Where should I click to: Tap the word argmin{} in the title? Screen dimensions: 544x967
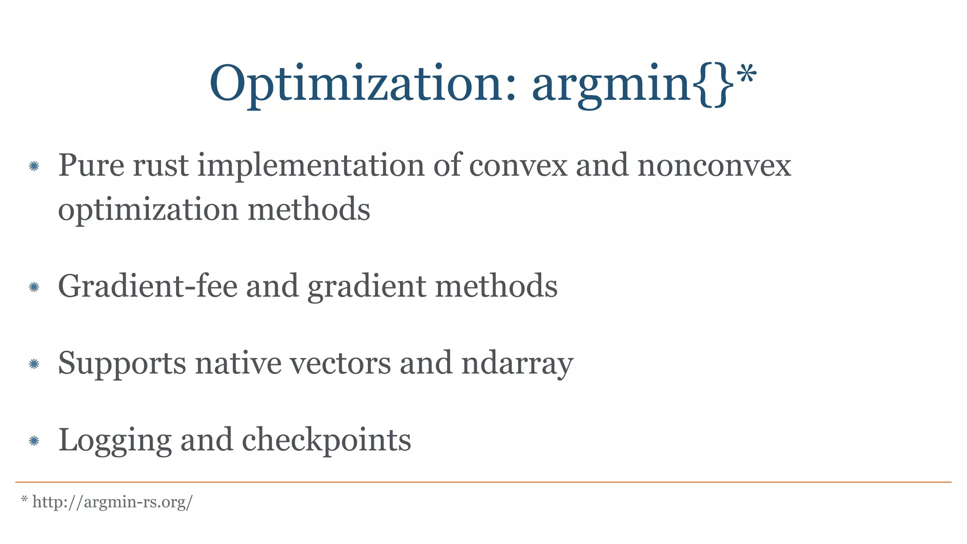[x=633, y=84]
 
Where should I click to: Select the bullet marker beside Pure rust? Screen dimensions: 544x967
[x=34, y=166]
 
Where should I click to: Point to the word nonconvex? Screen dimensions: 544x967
[x=714, y=166]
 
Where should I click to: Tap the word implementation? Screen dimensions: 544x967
[x=311, y=166]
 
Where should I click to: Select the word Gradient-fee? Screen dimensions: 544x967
[x=147, y=286]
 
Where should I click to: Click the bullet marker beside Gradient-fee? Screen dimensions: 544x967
[x=34, y=287]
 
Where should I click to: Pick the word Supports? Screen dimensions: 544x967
[x=122, y=364]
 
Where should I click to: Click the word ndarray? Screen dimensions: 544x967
[x=517, y=364]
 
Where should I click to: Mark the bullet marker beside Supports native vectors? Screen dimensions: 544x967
[x=34, y=364]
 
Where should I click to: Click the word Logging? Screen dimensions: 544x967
[x=114, y=441]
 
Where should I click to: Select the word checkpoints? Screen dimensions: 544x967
[x=326, y=441]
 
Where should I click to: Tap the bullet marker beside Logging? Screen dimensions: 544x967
[x=34, y=441]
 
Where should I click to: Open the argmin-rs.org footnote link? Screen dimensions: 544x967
[x=112, y=502]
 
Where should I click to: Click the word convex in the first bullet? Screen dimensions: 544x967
[x=518, y=166]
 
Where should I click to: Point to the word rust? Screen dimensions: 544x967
[x=161, y=166]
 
